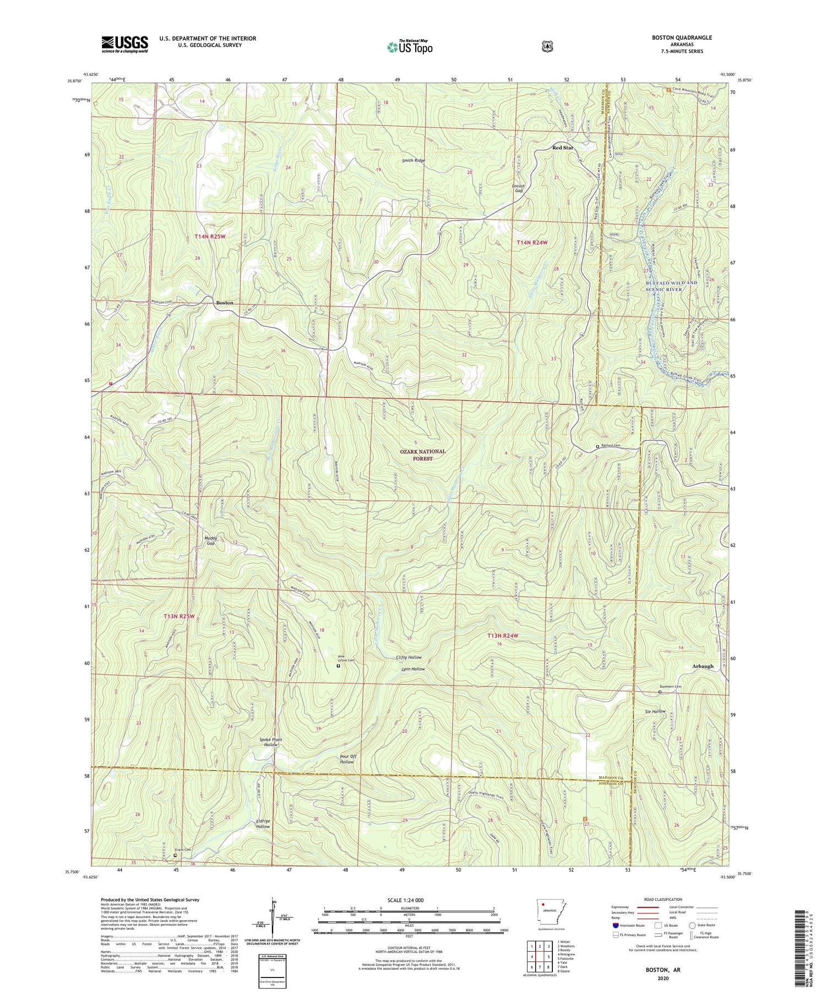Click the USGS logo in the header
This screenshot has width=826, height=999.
click(x=124, y=44)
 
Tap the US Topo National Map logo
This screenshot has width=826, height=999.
click(x=410, y=46)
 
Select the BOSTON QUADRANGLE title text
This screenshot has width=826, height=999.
click(x=680, y=37)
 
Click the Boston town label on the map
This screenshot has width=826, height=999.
click(x=224, y=303)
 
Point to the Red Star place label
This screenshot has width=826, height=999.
click(x=563, y=148)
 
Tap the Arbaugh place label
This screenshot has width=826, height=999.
click(x=702, y=666)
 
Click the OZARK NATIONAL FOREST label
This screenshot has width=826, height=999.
click(x=422, y=455)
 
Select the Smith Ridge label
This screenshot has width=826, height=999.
click(x=413, y=160)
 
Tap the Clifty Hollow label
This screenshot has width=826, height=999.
click(x=409, y=657)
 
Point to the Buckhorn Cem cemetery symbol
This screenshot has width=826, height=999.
click(x=660, y=692)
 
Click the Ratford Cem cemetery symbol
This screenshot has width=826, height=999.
click(x=597, y=446)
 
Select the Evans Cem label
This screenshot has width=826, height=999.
click(x=182, y=849)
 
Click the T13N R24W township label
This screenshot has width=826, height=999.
click(x=503, y=636)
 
